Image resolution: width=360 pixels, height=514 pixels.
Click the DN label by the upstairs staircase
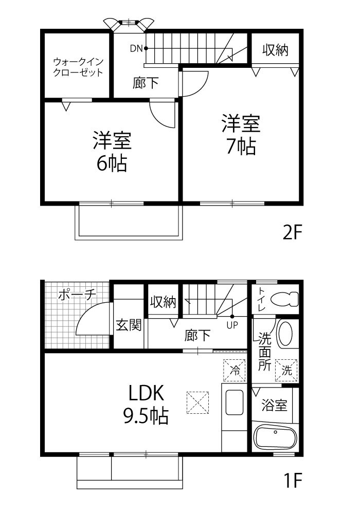(x=136, y=48)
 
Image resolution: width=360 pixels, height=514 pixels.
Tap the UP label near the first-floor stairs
(x=232, y=325)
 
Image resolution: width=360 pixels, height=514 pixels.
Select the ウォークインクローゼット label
(x=78, y=67)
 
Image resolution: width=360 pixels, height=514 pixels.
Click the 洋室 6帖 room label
(x=112, y=152)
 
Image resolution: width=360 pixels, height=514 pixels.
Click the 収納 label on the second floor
(x=276, y=50)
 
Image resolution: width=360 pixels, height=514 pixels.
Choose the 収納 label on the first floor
(x=163, y=302)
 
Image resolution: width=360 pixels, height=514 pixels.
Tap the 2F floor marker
(x=292, y=232)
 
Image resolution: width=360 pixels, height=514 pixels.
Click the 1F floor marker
(x=293, y=481)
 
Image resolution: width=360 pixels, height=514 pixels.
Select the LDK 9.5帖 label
(x=146, y=405)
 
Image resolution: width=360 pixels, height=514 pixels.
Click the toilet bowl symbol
(x=284, y=299)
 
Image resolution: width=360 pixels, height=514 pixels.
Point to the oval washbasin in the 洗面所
(x=284, y=335)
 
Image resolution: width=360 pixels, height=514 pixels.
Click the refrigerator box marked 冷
(x=235, y=371)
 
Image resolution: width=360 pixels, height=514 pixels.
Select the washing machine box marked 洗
(x=286, y=371)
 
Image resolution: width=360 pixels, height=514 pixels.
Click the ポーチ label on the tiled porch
(x=77, y=295)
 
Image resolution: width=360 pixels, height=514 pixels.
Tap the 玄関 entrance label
(x=129, y=325)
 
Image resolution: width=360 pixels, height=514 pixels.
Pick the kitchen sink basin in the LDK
(x=235, y=403)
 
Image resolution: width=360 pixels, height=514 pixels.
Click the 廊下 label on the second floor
(x=145, y=83)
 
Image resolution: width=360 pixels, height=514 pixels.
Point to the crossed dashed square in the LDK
(x=197, y=402)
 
